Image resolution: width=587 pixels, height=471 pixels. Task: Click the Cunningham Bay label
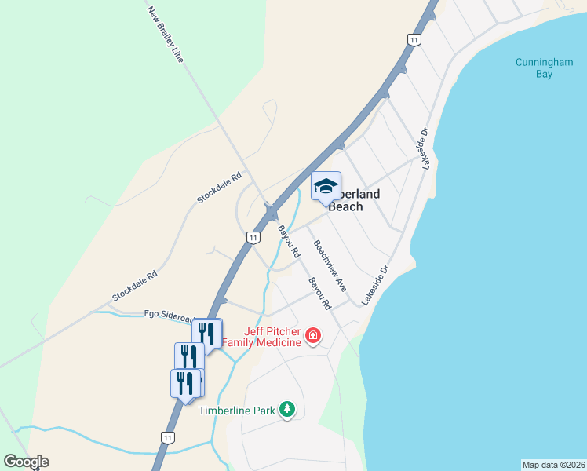(545, 68)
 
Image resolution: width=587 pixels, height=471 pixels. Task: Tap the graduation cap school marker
(326, 187)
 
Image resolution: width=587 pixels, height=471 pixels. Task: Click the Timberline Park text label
(236, 411)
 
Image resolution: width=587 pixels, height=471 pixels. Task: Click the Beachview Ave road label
(330, 265)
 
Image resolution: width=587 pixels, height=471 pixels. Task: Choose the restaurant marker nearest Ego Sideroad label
(207, 333)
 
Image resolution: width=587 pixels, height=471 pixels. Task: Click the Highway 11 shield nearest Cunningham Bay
(414, 39)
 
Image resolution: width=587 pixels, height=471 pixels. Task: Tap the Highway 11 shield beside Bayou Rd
(253, 237)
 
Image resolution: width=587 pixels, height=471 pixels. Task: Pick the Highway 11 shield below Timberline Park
(168, 437)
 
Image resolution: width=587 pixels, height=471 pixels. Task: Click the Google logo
(26, 462)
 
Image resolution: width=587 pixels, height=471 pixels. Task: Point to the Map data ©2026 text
(553, 464)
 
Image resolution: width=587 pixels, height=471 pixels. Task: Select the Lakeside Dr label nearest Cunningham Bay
(425, 149)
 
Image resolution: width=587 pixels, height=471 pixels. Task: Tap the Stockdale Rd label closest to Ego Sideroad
(135, 287)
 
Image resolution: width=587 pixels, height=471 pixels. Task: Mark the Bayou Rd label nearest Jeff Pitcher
(319, 293)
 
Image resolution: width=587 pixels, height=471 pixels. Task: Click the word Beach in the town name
(345, 207)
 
